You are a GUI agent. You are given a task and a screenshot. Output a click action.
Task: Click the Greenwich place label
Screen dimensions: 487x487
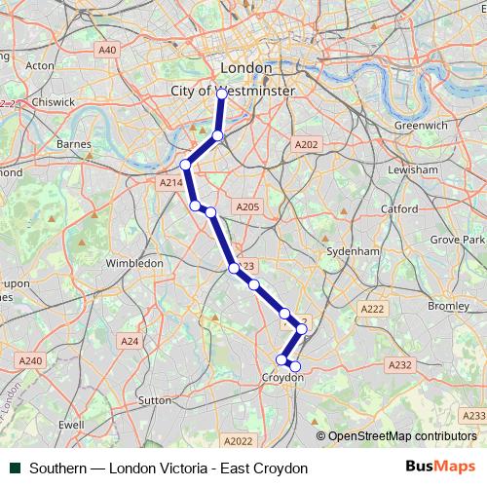click(422, 126)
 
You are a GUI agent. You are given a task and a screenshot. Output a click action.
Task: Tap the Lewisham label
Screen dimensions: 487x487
click(417, 169)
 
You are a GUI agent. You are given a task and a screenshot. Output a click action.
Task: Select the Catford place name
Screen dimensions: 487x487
click(399, 208)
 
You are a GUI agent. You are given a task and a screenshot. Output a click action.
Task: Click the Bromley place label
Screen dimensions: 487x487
click(448, 306)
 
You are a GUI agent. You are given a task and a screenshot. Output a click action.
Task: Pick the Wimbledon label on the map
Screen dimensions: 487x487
click(133, 263)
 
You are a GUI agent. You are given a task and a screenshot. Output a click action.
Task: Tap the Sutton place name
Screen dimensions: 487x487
click(155, 399)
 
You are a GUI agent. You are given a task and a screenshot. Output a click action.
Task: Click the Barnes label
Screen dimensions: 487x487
click(74, 144)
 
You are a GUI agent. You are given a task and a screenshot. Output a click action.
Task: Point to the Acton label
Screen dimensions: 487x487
click(40, 66)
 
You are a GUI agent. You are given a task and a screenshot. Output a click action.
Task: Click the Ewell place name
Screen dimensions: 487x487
click(71, 425)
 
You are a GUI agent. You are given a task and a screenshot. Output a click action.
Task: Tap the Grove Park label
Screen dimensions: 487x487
click(458, 239)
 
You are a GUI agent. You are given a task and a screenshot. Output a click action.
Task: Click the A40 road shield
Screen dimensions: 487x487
click(107, 50)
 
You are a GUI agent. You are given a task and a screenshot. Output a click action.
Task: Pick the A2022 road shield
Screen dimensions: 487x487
click(238, 440)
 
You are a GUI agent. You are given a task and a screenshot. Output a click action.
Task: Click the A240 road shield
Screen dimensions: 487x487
click(30, 360)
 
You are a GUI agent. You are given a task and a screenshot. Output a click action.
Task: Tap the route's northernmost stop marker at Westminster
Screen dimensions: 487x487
click(222, 93)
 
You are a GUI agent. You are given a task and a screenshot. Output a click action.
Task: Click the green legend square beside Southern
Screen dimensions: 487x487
click(15, 468)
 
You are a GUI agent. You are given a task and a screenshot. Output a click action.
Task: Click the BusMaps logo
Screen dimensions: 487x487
click(440, 468)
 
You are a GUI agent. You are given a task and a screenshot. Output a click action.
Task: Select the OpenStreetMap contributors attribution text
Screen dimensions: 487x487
click(401, 436)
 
